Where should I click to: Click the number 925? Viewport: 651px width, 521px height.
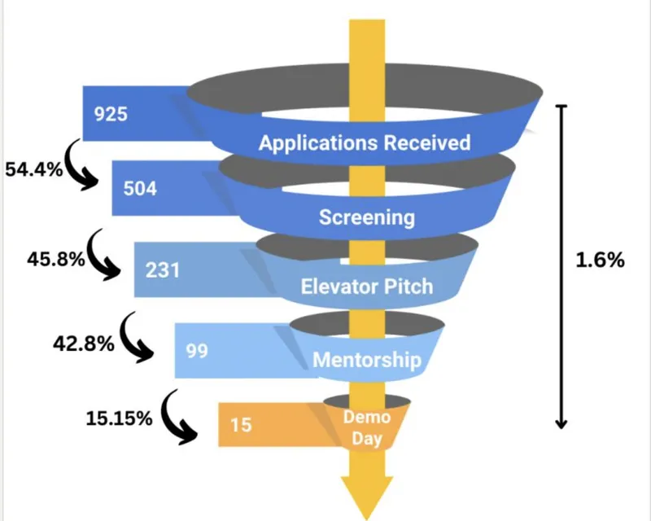pyautogui.click(x=111, y=114)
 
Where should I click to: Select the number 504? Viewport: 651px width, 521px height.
pyautogui.click(x=139, y=188)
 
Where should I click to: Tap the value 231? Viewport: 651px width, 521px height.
pyautogui.click(x=162, y=269)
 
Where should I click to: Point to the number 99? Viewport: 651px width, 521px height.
pyautogui.click(x=197, y=352)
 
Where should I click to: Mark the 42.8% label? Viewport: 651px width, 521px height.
pyautogui.click(x=82, y=344)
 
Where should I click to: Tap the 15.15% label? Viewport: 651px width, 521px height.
pyautogui.click(x=119, y=419)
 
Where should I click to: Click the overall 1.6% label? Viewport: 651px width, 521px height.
pyautogui.click(x=601, y=260)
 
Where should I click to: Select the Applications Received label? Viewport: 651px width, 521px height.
pyautogui.click(x=365, y=142)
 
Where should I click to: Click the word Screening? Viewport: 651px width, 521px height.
pyautogui.click(x=366, y=217)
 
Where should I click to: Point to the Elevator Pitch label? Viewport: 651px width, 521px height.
pyautogui.click(x=367, y=287)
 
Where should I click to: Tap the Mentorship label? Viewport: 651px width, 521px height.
pyautogui.click(x=367, y=359)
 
